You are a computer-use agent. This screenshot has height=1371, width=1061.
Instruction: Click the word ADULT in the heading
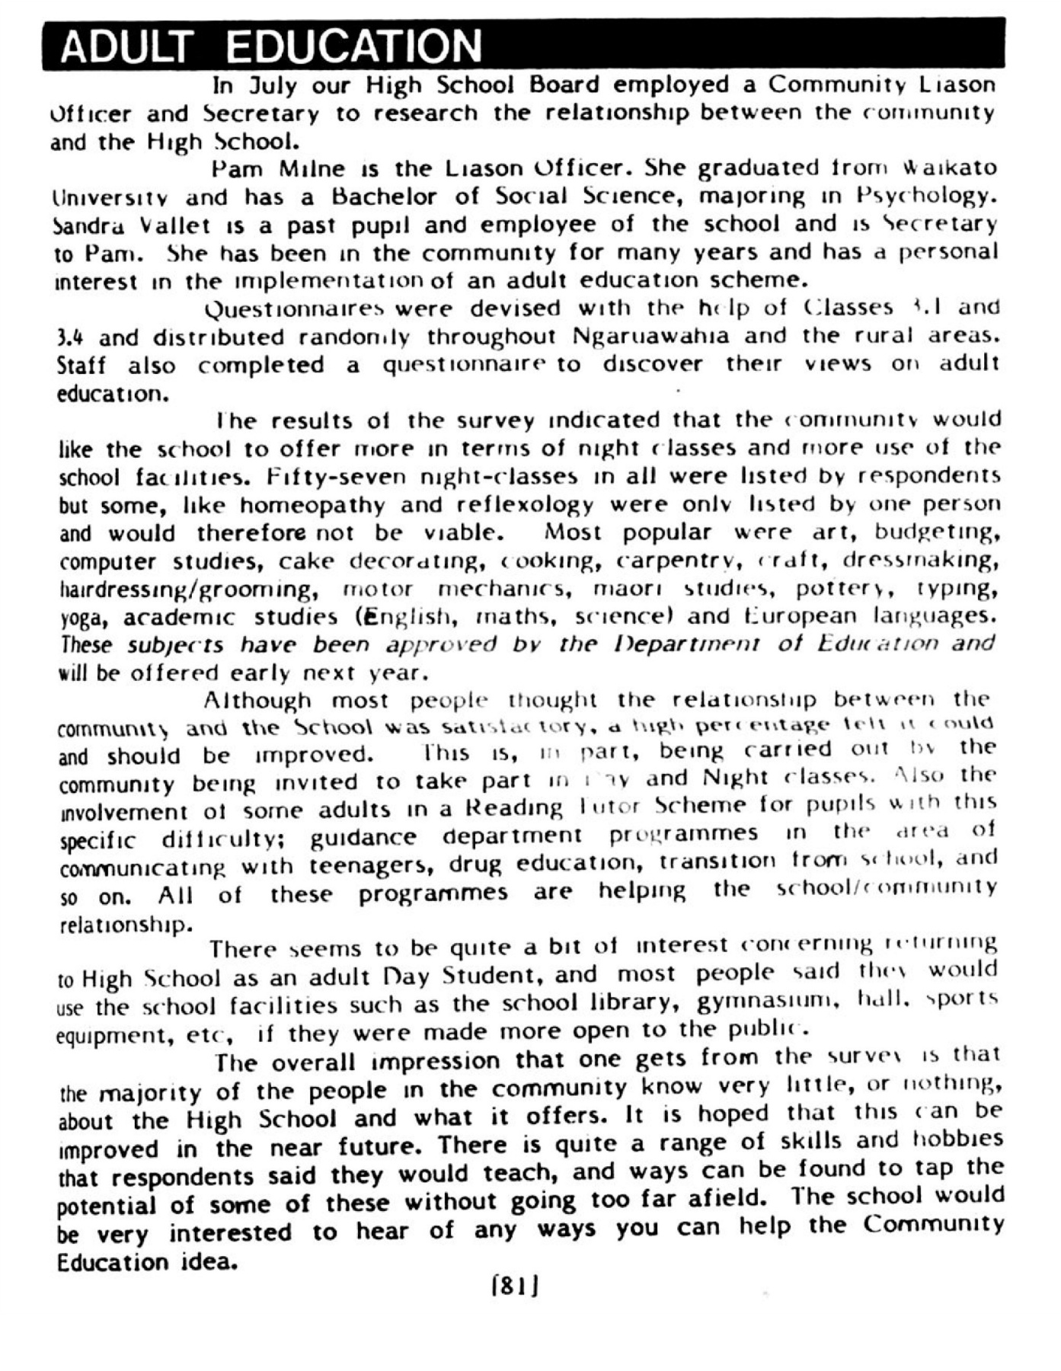(x=123, y=47)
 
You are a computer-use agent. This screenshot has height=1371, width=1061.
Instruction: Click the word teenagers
(x=370, y=866)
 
